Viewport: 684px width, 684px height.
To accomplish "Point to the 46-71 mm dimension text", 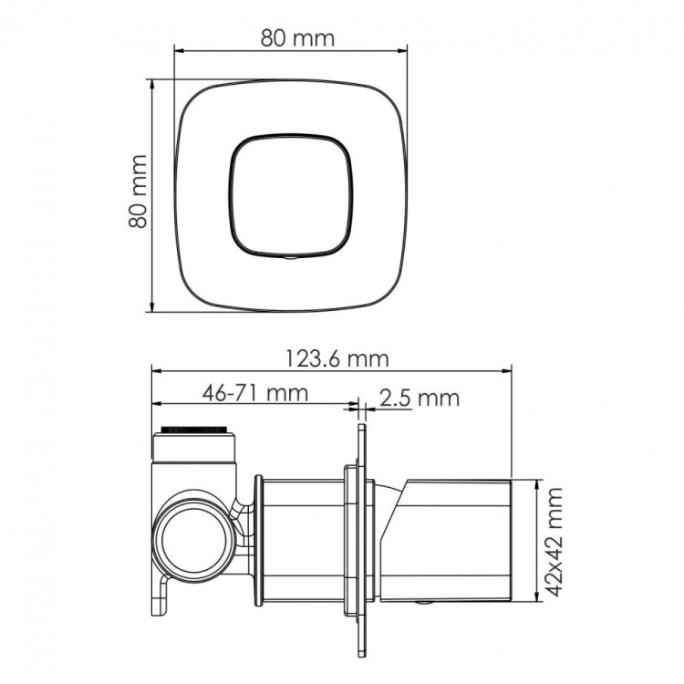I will tap(254, 394).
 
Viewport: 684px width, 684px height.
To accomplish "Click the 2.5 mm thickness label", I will tap(419, 398).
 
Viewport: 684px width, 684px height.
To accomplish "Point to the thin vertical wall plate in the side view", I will tap(360, 538).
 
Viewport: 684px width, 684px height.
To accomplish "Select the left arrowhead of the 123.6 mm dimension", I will tap(155, 371).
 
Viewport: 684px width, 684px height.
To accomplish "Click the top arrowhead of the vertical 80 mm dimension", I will tap(151, 82).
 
